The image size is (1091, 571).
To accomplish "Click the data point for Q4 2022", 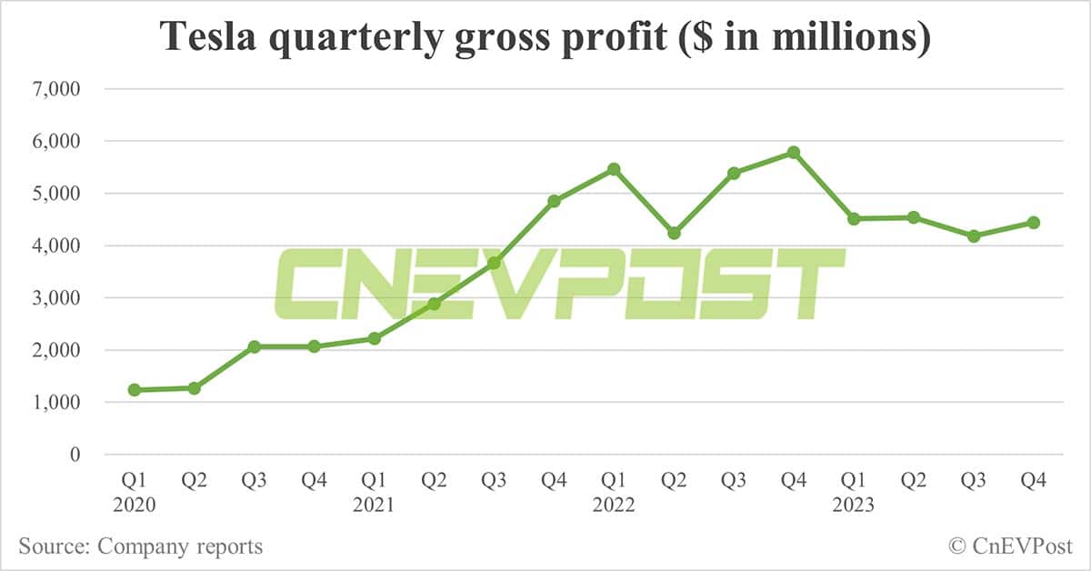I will [794, 153].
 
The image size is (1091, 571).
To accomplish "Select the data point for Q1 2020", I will [135, 390].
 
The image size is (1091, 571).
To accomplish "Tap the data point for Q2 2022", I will [674, 234].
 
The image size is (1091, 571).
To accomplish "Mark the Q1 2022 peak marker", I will [614, 169].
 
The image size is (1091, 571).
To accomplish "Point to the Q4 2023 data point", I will [1034, 223].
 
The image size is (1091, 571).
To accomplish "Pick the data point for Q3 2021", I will [494, 264].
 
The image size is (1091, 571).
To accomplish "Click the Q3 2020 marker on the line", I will [255, 346].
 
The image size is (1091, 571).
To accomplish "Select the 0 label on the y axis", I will [75, 454].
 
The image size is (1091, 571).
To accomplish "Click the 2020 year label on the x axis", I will [135, 505].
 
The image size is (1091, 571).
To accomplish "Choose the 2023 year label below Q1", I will [854, 505].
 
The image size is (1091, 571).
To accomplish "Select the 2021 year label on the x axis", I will [374, 505].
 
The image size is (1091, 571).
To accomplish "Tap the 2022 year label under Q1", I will [614, 505].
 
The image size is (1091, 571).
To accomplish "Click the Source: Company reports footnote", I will [141, 546].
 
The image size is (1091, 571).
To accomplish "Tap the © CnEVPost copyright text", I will [1009, 546].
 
